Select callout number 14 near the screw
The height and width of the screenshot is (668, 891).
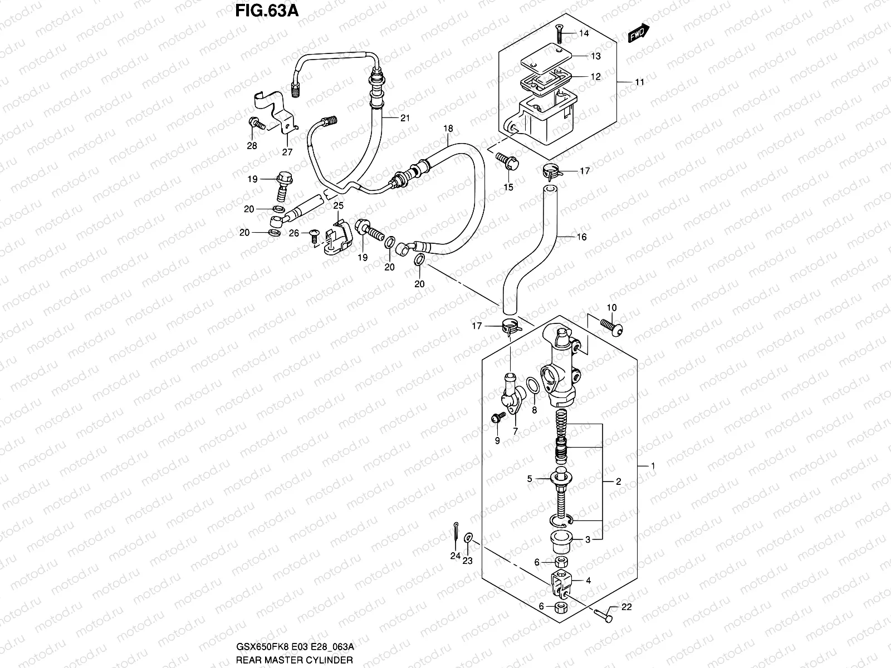(583, 33)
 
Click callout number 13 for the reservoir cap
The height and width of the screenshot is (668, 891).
(595, 56)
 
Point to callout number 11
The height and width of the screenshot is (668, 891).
(639, 82)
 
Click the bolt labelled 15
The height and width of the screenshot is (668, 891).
(508, 161)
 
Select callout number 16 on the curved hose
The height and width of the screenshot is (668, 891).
(581, 237)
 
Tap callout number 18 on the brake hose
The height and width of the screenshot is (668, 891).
(448, 129)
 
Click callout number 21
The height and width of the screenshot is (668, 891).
(404, 117)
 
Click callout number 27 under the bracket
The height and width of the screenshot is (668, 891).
(286, 152)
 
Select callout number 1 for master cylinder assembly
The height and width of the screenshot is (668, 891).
(653, 465)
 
